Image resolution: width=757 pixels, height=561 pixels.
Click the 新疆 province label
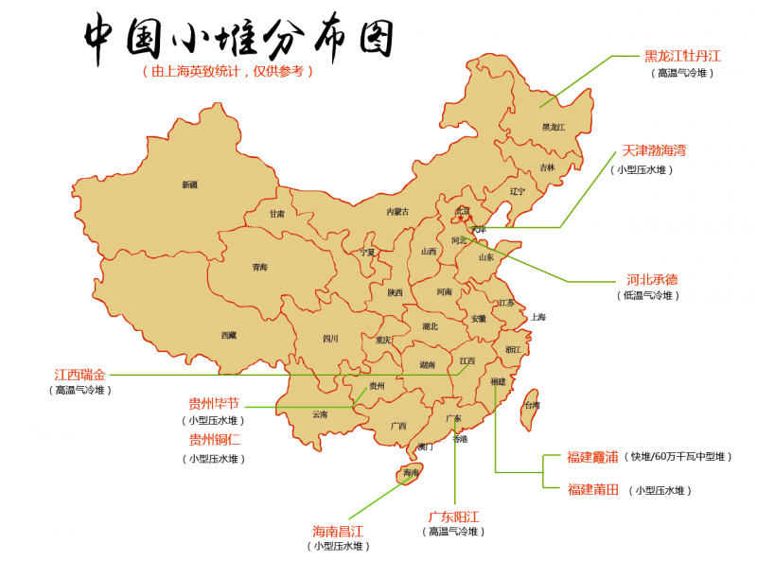click(190, 184)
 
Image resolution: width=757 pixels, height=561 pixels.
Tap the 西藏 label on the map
click(229, 335)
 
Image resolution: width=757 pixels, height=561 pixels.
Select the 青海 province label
click(259, 268)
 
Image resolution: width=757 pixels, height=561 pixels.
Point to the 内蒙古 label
click(398, 212)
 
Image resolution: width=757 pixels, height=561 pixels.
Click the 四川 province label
click(330, 339)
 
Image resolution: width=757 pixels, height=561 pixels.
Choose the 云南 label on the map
click(320, 414)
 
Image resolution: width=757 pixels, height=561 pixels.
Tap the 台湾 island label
click(533, 405)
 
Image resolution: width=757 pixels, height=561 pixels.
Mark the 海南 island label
click(411, 472)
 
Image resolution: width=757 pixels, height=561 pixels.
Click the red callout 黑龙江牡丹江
click(683, 56)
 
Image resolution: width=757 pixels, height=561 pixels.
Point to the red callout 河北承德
click(652, 280)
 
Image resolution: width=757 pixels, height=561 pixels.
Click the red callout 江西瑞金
click(80, 375)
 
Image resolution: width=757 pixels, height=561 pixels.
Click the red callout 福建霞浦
click(592, 457)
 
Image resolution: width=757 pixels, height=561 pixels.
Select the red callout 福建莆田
click(592, 489)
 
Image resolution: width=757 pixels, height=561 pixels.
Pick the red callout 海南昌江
click(338, 531)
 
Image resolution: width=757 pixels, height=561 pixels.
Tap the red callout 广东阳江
click(453, 517)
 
